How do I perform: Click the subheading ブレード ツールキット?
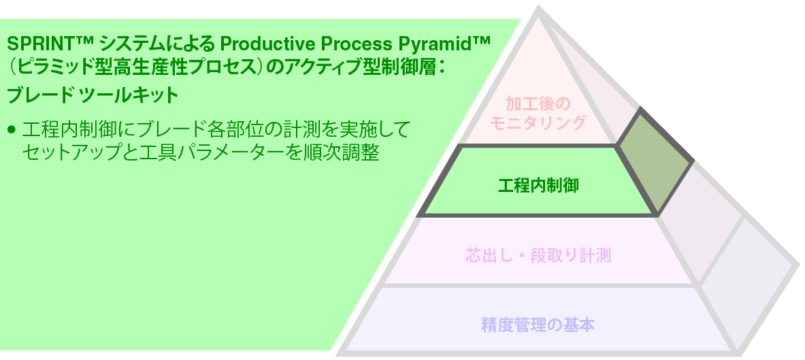pyautogui.click(x=92, y=95)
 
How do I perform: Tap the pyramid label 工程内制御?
pyautogui.click(x=538, y=184)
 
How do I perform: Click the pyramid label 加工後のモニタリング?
pyautogui.click(x=537, y=113)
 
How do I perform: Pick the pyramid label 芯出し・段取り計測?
pyautogui.click(x=538, y=256)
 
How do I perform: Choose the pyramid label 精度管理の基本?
pyautogui.click(x=538, y=325)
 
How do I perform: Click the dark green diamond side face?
pyautogui.click(x=654, y=159)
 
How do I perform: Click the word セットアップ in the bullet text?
pyautogui.click(x=65, y=152)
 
